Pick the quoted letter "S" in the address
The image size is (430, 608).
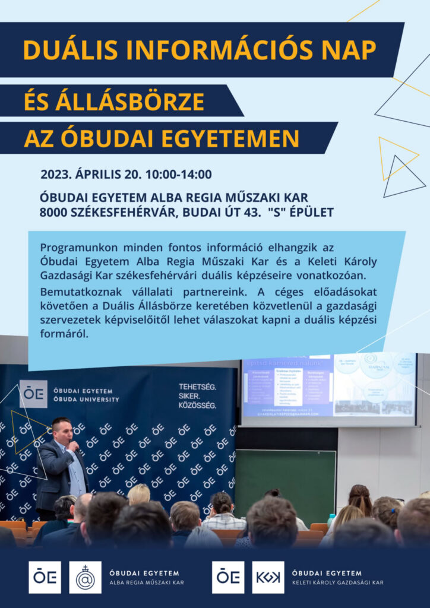tap(277, 211)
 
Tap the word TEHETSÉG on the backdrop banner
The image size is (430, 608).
tap(198, 387)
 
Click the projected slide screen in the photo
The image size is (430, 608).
tap(328, 389)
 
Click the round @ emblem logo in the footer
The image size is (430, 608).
tap(85, 577)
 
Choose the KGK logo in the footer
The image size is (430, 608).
tap(268, 577)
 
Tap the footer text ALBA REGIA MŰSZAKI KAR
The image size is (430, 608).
tap(146, 583)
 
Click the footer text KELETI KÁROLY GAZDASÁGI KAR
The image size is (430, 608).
tap(337, 583)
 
